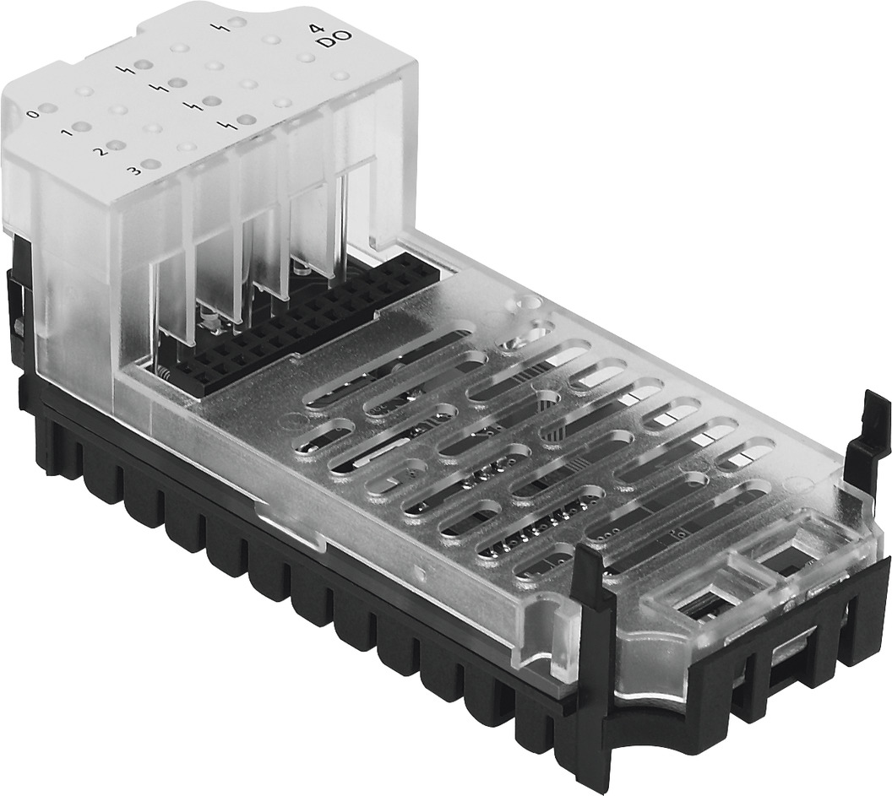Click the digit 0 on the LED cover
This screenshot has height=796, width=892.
(x=32, y=113)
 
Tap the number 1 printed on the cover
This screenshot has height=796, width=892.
(x=64, y=133)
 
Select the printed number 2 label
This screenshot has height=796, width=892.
(x=99, y=152)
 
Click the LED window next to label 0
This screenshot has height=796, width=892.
(x=49, y=109)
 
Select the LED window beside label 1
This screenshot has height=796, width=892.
(x=83, y=127)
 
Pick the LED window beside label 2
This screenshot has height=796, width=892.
(x=117, y=146)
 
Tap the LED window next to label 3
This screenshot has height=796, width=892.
(x=151, y=165)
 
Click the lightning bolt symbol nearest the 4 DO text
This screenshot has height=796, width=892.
(x=224, y=25)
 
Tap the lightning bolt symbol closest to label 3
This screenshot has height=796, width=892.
(x=225, y=126)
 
